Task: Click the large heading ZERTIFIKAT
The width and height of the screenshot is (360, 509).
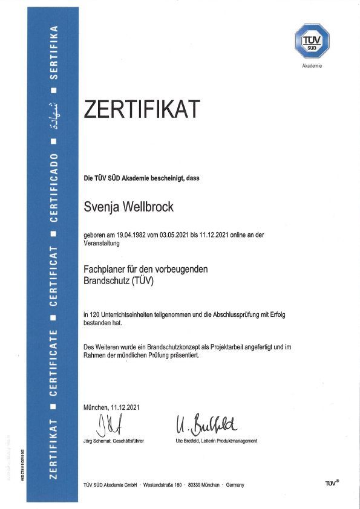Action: (142, 110)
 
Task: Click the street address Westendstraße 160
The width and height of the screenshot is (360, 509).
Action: (172, 485)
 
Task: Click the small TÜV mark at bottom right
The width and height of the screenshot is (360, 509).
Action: (331, 484)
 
